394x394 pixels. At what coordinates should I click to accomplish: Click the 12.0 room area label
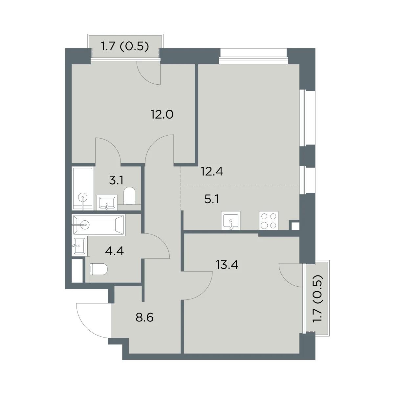(162, 115)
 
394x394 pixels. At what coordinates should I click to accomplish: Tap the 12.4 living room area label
(212, 171)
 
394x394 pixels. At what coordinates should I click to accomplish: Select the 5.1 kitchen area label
(211, 199)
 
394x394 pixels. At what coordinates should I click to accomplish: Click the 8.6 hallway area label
(144, 318)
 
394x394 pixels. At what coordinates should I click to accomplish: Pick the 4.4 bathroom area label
(114, 251)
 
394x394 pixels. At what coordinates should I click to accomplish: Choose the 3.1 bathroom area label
(116, 181)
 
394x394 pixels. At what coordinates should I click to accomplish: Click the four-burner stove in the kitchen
(269, 221)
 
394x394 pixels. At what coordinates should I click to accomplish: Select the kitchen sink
(230, 221)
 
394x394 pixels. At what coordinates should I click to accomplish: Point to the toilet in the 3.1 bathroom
(129, 196)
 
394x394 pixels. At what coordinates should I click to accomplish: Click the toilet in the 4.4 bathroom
(98, 269)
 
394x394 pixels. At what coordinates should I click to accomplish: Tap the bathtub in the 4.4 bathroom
(99, 225)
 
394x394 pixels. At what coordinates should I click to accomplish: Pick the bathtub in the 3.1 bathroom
(83, 188)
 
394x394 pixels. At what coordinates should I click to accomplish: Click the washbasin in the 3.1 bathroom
(107, 203)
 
